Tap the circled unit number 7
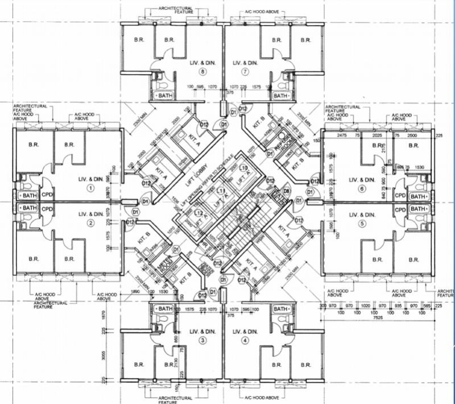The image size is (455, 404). [246, 72]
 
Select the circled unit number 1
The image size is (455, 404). [89, 187]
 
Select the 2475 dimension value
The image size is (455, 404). [341, 137]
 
